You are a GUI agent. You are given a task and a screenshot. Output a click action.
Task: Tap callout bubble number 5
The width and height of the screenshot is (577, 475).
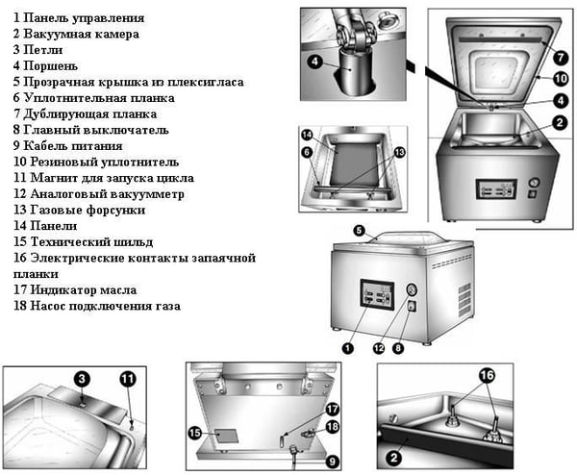coord(359,231)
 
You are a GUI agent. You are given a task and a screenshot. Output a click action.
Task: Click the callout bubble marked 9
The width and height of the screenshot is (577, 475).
coord(332,462)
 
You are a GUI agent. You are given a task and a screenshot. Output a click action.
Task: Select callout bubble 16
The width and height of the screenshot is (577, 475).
coord(487,373)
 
